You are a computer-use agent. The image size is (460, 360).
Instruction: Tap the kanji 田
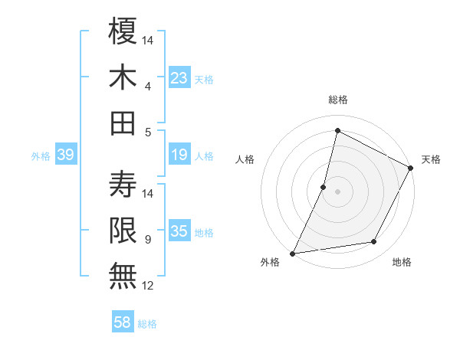click(x=123, y=123)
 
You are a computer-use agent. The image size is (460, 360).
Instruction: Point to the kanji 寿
click(x=123, y=184)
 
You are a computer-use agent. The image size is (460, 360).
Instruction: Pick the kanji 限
click(x=123, y=230)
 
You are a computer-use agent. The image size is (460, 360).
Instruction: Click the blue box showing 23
click(x=179, y=77)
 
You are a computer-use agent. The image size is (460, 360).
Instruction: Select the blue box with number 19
click(x=179, y=155)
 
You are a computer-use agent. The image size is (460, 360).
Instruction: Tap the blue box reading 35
click(x=179, y=231)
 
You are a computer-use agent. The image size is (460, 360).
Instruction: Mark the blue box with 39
click(x=65, y=155)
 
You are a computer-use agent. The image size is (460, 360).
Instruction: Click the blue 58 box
click(x=123, y=323)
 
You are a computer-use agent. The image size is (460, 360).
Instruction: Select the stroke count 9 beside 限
click(x=147, y=239)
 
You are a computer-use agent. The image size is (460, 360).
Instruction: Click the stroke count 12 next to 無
click(x=149, y=286)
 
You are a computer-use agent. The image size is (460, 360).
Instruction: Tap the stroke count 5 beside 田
click(x=147, y=132)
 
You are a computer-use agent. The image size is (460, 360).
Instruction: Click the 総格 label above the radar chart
click(x=337, y=100)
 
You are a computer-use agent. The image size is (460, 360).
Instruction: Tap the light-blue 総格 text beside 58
click(x=147, y=324)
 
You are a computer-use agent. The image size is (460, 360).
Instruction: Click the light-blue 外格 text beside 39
click(x=41, y=156)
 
